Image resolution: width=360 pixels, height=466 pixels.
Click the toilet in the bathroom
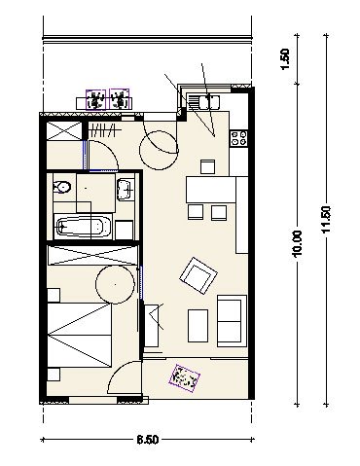tap(62, 187)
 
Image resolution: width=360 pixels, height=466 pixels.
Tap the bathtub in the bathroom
tap(84, 227)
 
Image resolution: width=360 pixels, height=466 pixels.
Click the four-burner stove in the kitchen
tap(239, 138)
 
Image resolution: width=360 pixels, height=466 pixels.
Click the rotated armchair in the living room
tap(198, 275)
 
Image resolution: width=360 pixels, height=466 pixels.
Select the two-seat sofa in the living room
tap(232, 321)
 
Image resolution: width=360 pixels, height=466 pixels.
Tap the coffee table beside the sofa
tap(198, 326)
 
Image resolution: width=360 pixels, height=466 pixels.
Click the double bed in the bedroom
tap(80, 336)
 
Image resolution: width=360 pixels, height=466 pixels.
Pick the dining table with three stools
tap(211, 190)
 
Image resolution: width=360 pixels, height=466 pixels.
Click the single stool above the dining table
tap(207, 167)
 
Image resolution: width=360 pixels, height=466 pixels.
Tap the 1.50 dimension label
tap(285, 59)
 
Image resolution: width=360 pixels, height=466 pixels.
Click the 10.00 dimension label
tap(297, 243)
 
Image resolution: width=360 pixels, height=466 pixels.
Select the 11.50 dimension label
tap(326, 219)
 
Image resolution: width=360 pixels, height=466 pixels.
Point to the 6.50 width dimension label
tap(148, 440)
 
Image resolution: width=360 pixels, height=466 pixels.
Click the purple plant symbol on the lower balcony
tap(185, 378)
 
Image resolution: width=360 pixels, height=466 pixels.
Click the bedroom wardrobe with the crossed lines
tap(92, 255)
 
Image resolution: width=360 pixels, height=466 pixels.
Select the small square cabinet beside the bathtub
tap(124, 230)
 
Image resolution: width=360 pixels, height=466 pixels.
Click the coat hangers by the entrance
tap(101, 131)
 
